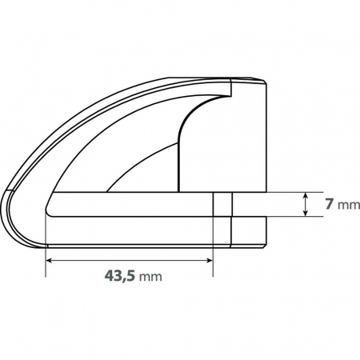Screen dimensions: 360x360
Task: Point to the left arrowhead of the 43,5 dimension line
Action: point(50,260)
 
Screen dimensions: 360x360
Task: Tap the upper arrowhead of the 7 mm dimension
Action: point(306,195)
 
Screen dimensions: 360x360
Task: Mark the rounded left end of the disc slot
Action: point(50,205)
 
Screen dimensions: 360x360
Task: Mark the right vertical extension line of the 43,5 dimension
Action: point(214,248)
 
